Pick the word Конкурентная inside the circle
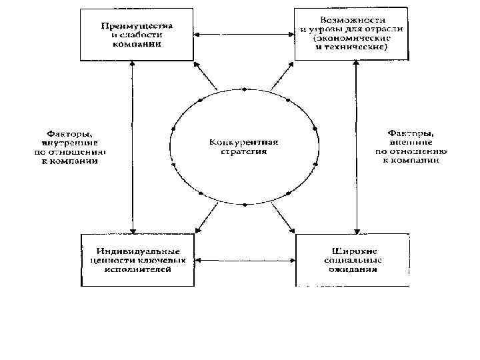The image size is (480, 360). pyautogui.click(x=243, y=143)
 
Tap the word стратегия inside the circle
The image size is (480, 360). pyautogui.click(x=243, y=151)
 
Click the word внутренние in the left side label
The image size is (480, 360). pyautogui.click(x=67, y=142)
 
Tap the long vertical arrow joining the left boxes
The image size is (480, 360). pyautogui.click(x=133, y=147)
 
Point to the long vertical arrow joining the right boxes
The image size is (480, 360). pyautogui.click(x=357, y=147)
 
